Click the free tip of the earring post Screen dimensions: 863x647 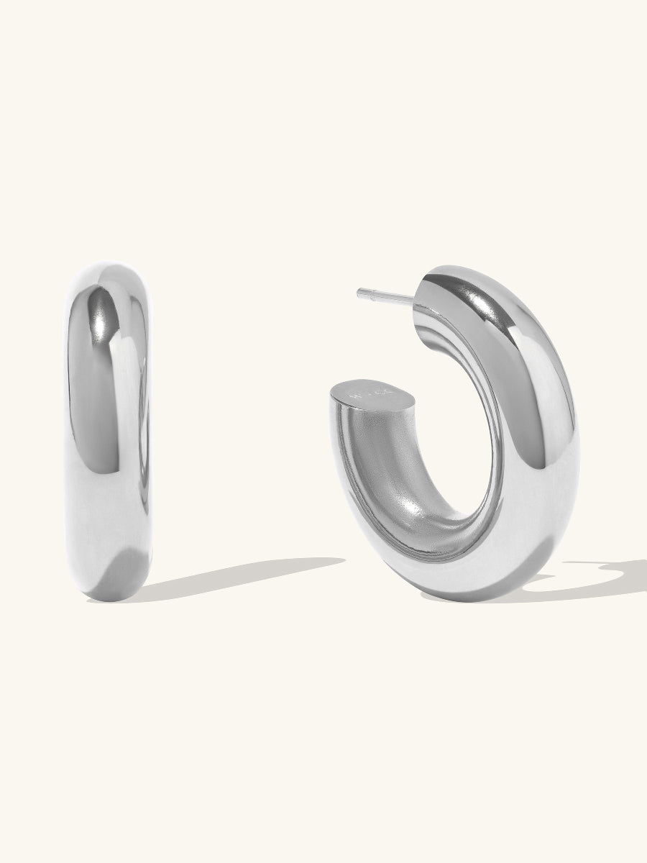(359, 292)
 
